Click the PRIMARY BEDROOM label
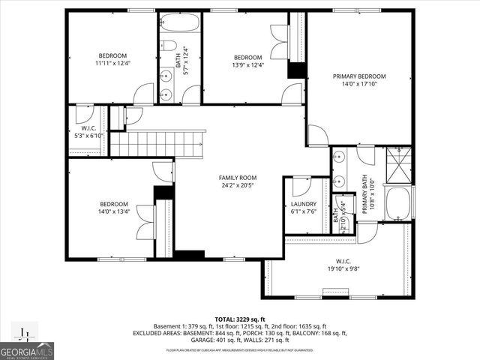[359, 76]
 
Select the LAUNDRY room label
[304, 203]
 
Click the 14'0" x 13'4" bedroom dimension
[115, 211]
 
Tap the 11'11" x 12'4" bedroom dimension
[112, 64]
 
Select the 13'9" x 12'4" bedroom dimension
[247, 66]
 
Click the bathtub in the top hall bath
[181, 22]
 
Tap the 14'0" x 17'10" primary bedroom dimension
[359, 85]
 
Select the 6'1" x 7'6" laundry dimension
[304, 211]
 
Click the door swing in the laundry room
[301, 185]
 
